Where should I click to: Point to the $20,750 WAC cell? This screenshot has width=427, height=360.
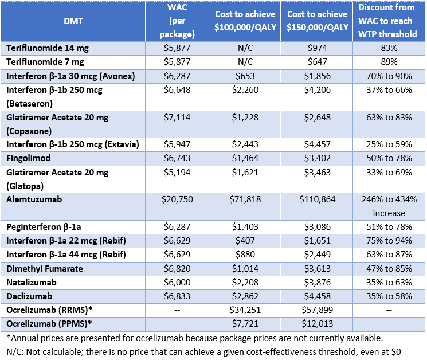[177, 199]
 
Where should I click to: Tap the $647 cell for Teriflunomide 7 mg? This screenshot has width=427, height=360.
[317, 62]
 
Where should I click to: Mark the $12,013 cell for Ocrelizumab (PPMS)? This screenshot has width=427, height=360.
[317, 323]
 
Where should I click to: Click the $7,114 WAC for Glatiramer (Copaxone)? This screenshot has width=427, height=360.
[177, 117]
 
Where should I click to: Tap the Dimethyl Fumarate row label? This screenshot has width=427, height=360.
[45, 268]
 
